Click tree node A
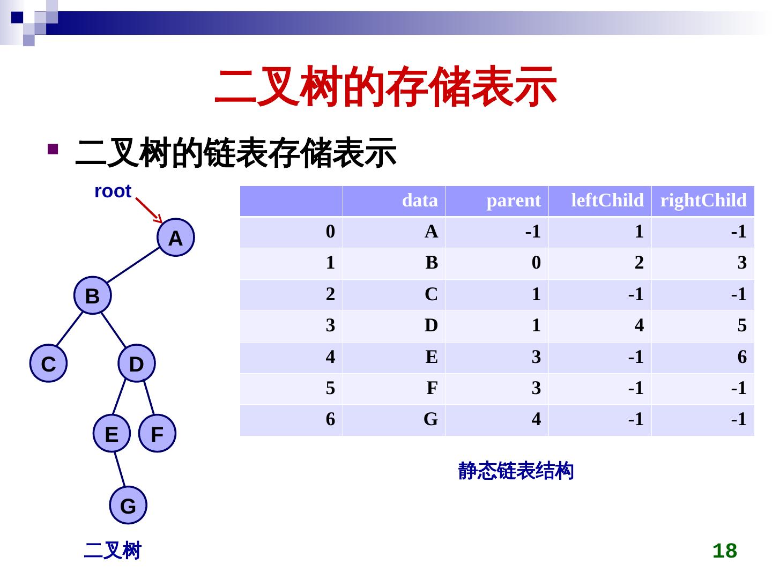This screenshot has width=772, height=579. click(x=176, y=237)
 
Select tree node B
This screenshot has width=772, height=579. click(x=92, y=295)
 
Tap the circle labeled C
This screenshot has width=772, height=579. click(x=48, y=363)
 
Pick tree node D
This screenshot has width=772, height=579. click(x=137, y=363)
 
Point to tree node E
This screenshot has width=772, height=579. click(x=112, y=433)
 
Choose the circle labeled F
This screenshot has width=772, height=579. click(x=157, y=433)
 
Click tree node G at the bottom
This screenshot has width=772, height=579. click(x=128, y=505)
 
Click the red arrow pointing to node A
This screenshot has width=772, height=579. click(x=149, y=210)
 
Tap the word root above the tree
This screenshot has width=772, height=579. click(x=113, y=191)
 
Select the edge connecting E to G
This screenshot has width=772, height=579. click(x=120, y=469)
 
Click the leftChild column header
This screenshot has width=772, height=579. click(x=607, y=201)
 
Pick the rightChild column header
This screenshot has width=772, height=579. click(x=703, y=201)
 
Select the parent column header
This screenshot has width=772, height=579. click(x=513, y=201)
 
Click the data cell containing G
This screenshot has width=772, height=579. click(x=430, y=419)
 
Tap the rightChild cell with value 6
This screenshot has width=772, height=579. click(x=741, y=357)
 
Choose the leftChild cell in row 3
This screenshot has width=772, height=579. click(x=639, y=325)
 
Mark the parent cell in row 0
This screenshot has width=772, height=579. click(x=532, y=232)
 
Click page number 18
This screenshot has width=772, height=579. click(x=724, y=551)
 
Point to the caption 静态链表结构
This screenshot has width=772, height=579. click(x=516, y=471)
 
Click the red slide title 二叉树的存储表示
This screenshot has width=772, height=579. click(x=385, y=87)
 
